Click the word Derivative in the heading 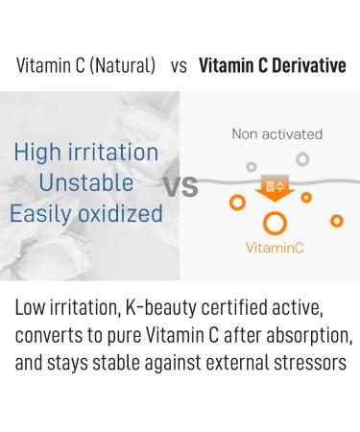tap(302, 67)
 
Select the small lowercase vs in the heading tap(179, 67)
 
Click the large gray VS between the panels tap(180, 185)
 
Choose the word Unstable tap(85, 182)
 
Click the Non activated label tap(276, 134)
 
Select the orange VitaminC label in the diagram tap(275, 248)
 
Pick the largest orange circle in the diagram tap(275, 223)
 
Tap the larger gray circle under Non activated tap(302, 158)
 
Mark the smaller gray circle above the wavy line tap(252, 165)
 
